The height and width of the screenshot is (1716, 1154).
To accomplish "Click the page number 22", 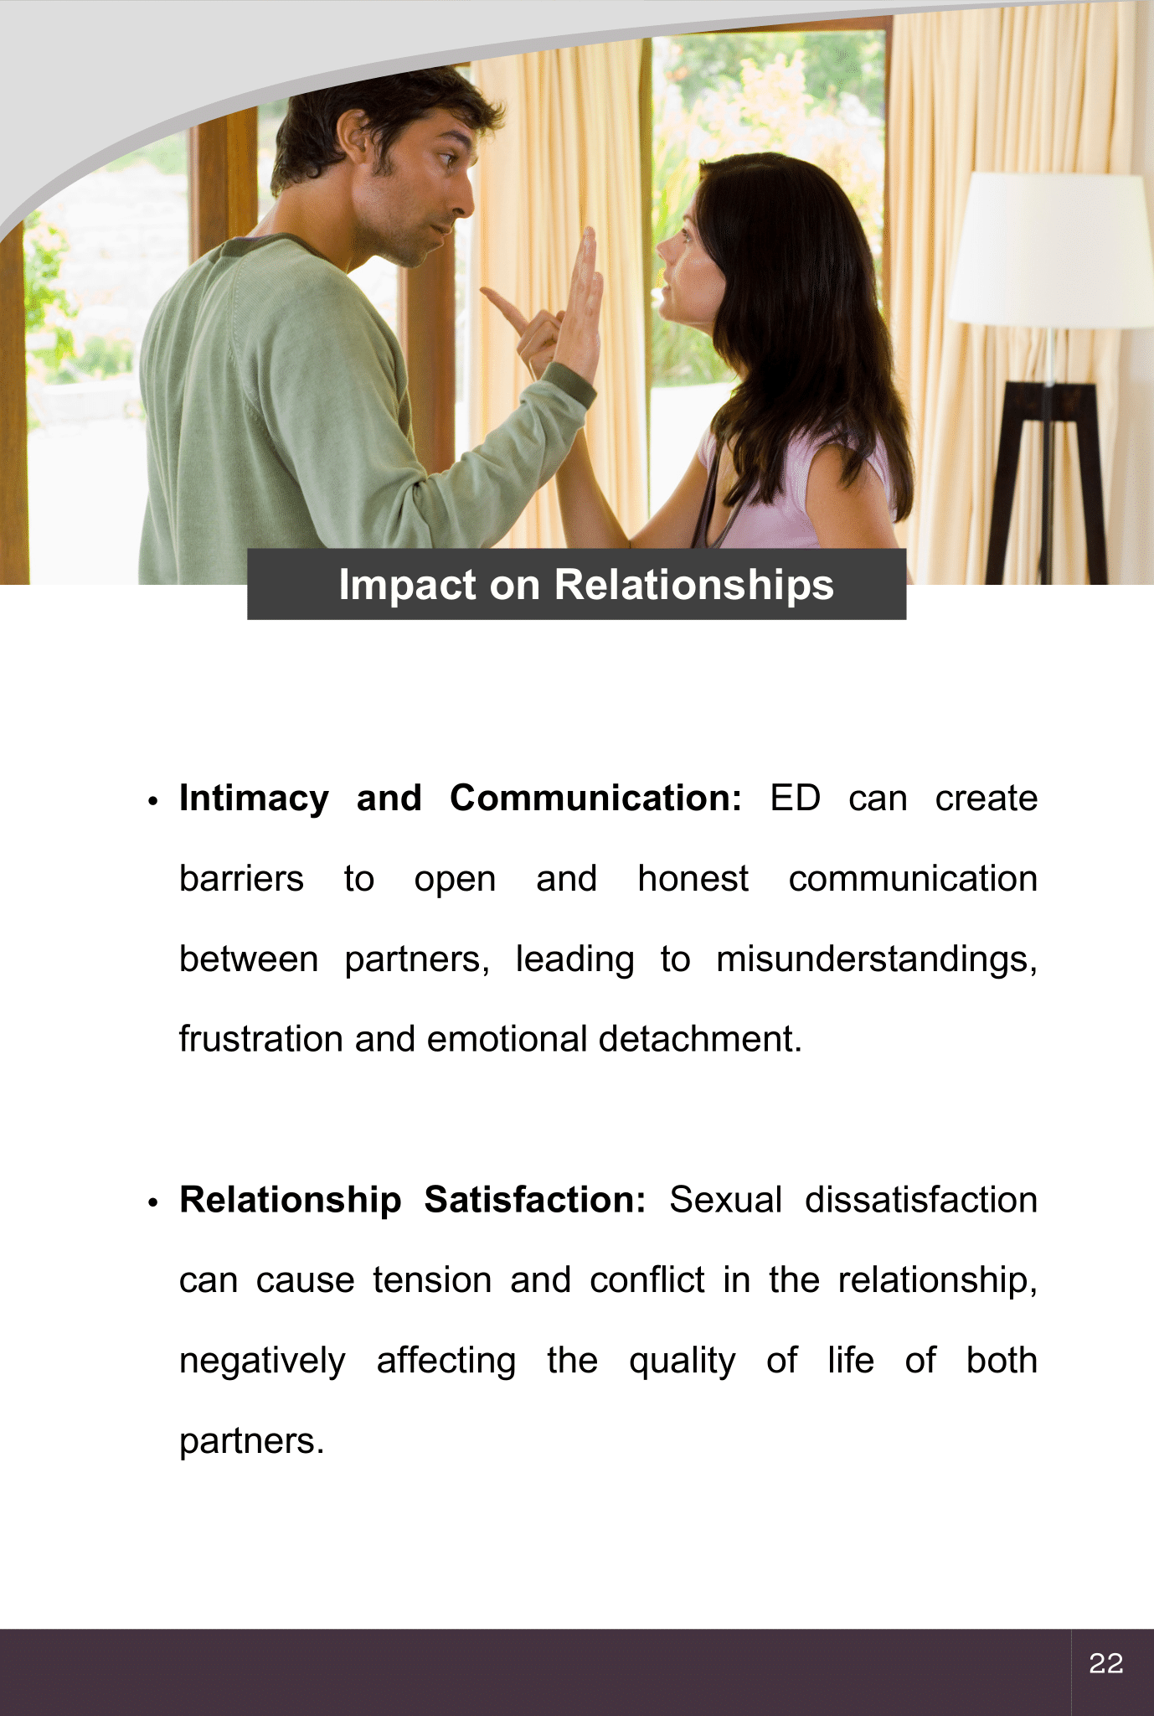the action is pos(1105,1663).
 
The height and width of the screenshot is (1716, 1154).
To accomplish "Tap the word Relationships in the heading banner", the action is pos(693,586).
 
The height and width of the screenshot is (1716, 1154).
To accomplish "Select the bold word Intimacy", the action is pos(255,799).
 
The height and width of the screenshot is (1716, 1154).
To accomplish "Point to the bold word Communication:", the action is pos(595,798).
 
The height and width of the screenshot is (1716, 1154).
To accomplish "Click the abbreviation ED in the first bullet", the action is pos(796,798).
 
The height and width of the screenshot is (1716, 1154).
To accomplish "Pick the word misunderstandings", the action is pos(877,959).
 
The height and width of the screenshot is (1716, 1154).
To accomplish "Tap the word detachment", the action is pos(700,1039).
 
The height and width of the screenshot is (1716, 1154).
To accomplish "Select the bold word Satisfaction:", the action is pos(535,1200).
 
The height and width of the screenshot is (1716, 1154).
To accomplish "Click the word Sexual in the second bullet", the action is pos(725,1200).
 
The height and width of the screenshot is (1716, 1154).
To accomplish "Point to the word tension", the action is pos(432,1280).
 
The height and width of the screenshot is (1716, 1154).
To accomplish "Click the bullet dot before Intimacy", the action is pos(152,801).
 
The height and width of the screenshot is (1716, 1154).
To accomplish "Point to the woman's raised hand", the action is pos(585,302).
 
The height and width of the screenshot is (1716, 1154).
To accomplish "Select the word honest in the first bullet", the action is pos(693,879).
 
